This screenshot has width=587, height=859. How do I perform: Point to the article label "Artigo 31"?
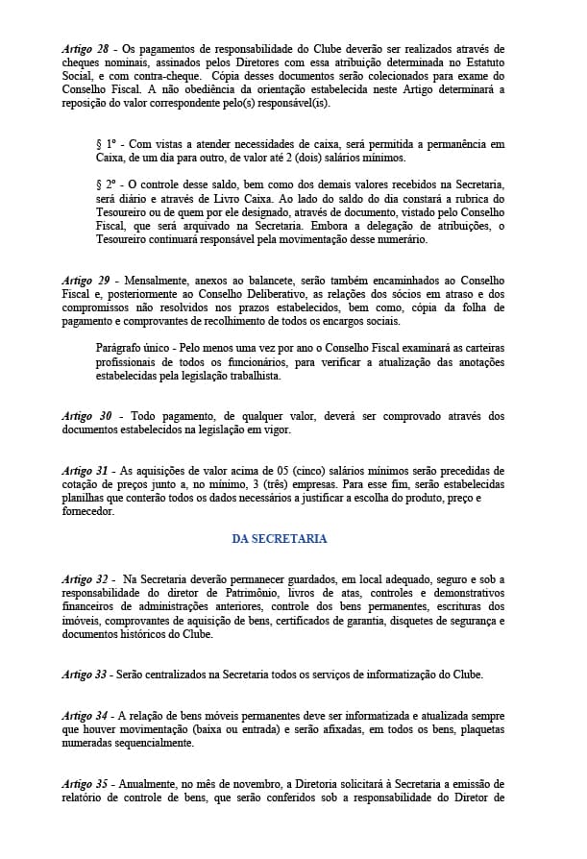85,470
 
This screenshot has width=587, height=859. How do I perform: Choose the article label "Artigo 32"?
85,579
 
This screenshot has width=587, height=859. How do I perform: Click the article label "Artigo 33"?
85,675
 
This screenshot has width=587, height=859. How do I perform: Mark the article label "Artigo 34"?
85,716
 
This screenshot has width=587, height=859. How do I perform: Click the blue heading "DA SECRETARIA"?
280,539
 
